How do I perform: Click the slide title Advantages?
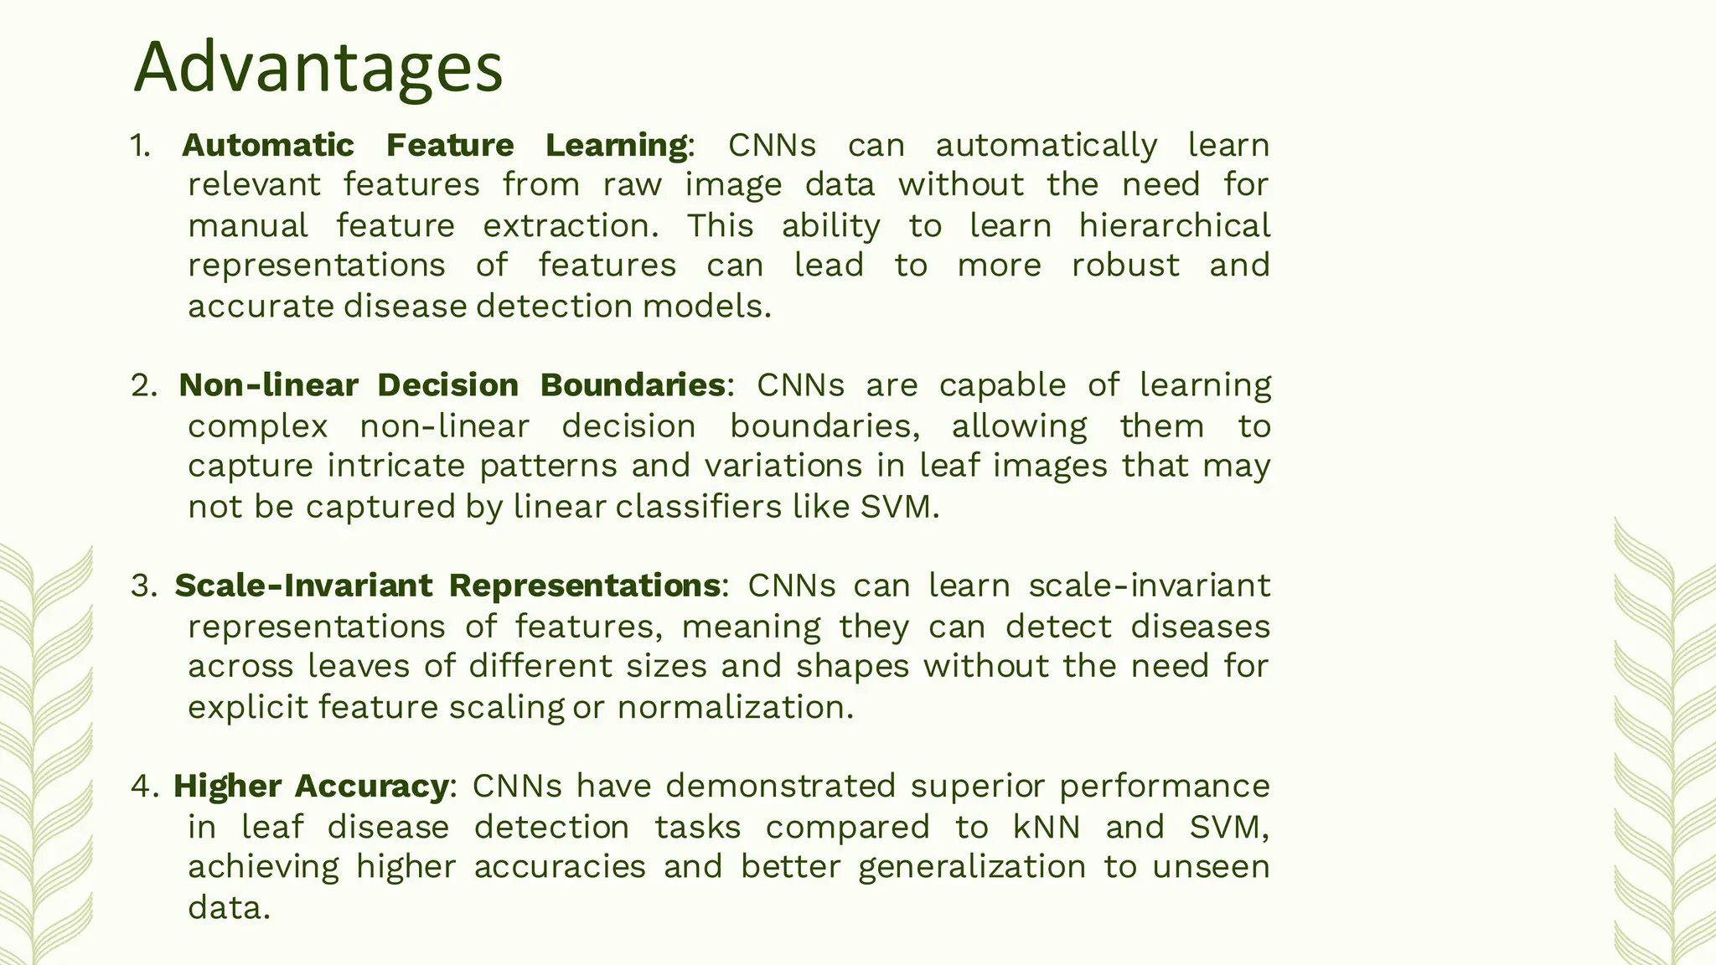click(318, 67)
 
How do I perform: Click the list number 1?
click(139, 146)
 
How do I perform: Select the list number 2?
click(142, 385)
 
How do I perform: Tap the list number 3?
click(143, 586)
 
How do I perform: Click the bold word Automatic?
click(268, 146)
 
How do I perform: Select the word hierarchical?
click(1174, 226)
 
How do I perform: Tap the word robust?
click(1125, 266)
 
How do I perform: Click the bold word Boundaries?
click(633, 385)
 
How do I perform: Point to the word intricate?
click(395, 466)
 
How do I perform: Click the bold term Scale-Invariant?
click(302, 586)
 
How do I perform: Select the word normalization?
click(735, 708)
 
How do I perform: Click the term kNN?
click(1047, 828)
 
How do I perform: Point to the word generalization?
click(972, 868)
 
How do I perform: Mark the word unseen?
click(1211, 867)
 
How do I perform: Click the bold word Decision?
click(447, 385)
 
